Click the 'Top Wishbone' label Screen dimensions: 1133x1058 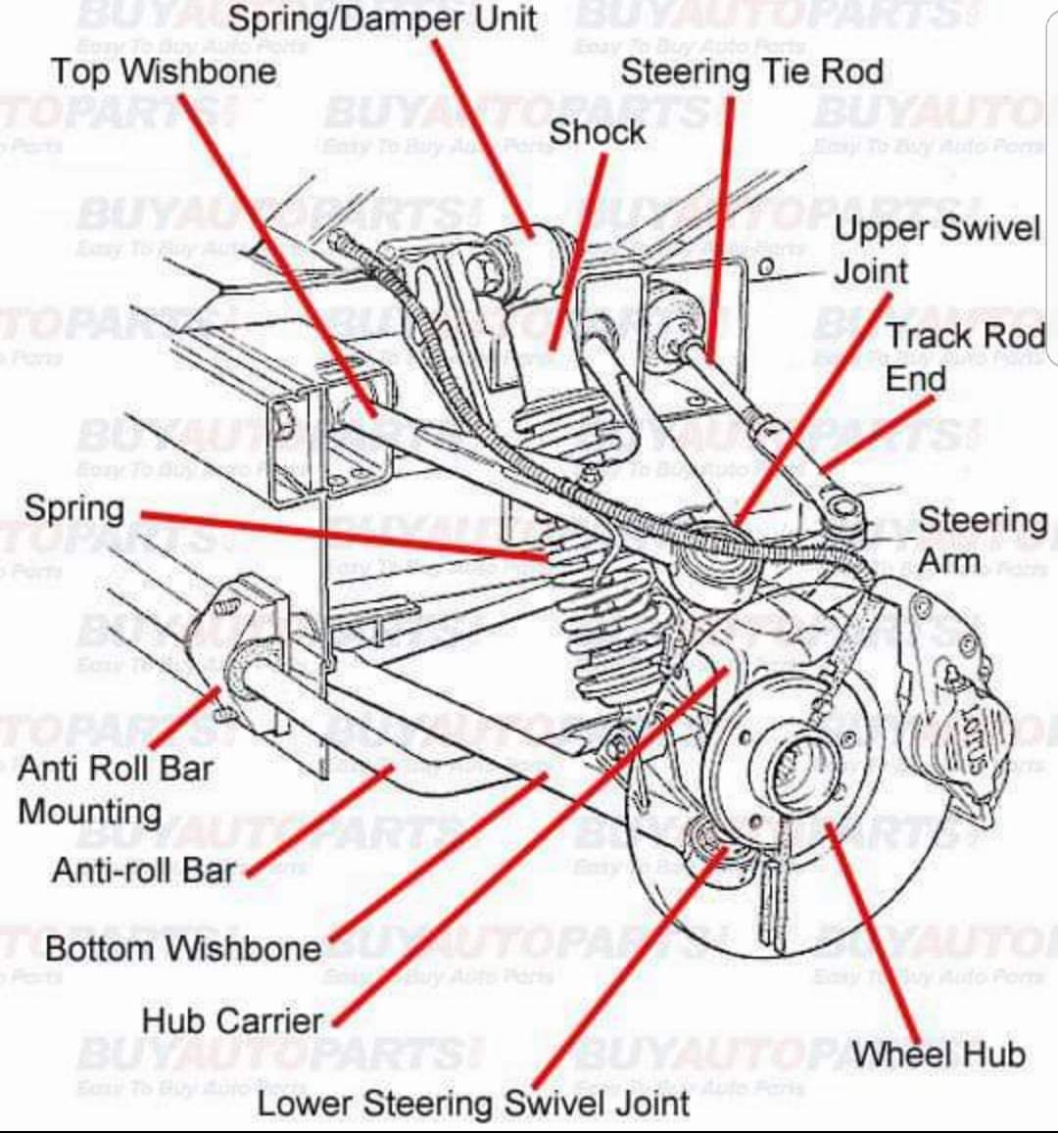pos(163,71)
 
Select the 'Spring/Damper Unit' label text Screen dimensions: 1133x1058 pos(382,19)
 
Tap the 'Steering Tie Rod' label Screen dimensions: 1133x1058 pos(751,71)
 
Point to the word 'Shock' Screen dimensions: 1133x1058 pos(597,132)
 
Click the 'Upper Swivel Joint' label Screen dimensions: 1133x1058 pos(936,249)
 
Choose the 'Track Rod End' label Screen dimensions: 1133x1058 pos(965,356)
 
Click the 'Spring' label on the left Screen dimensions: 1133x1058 pos(75,509)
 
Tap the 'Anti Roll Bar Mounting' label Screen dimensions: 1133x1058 pos(115,789)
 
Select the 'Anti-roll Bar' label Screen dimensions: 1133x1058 pos(144,870)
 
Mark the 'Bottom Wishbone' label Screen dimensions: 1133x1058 pos(183,948)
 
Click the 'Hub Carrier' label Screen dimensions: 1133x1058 pos(232,1020)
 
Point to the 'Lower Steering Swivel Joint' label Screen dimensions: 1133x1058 pos(473,1104)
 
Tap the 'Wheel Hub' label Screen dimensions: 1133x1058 pos(938,1055)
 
